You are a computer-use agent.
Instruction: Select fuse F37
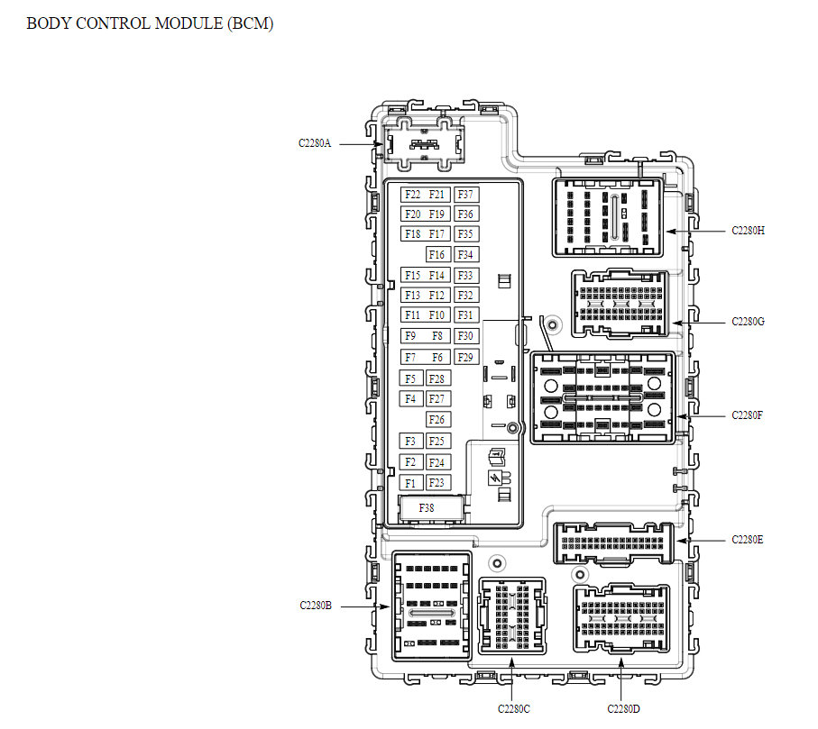(466, 195)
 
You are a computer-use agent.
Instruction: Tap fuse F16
(437, 255)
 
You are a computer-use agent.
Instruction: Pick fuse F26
(437, 420)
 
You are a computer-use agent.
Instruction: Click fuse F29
(466, 358)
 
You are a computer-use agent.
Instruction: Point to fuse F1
(411, 483)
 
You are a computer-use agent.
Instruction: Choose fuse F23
(437, 483)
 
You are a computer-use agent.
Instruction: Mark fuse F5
(411, 379)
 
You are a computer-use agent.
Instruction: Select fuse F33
(466, 276)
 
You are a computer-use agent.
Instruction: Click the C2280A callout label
(316, 142)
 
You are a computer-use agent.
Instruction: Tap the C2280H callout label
(749, 231)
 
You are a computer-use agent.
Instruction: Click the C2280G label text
(749, 322)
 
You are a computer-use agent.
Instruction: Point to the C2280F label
(749, 416)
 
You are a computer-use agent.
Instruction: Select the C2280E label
(749, 540)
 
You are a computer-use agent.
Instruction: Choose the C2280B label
(316, 606)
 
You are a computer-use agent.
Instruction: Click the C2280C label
(513, 709)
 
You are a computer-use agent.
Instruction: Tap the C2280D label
(623, 709)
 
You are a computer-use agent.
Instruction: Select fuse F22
(413, 195)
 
